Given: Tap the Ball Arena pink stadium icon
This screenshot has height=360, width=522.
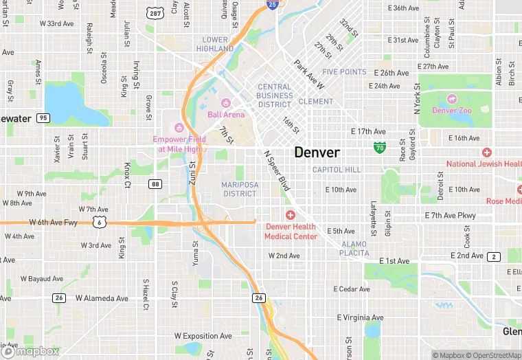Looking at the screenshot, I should coord(226,103).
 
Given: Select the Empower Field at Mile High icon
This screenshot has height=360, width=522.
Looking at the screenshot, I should coord(179,127).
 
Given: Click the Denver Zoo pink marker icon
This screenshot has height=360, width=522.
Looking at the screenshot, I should coord(451,99).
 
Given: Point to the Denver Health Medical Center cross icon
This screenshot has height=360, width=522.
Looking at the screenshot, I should coord(291,216).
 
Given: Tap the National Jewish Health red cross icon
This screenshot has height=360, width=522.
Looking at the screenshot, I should coord(487,153).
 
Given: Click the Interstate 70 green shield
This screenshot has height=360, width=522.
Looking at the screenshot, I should coord(379,147).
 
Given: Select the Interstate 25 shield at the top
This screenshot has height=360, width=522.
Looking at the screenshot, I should coord(273,5).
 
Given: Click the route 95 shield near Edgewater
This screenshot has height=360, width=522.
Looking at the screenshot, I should coord(43,118).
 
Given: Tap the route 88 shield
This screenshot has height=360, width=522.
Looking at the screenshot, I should coord(156,184).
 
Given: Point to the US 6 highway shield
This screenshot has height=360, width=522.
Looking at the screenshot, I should coord(100,222).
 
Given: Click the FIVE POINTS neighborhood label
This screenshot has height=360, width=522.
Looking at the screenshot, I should coord(344,71).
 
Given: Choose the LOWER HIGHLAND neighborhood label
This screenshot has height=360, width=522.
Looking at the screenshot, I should coord(215,45).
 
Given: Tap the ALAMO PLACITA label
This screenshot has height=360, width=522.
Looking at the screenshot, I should coord(354,249).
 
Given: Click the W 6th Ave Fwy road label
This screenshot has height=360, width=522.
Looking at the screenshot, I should coord(53,222).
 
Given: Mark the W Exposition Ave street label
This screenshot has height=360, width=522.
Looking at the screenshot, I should coord(203,337).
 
